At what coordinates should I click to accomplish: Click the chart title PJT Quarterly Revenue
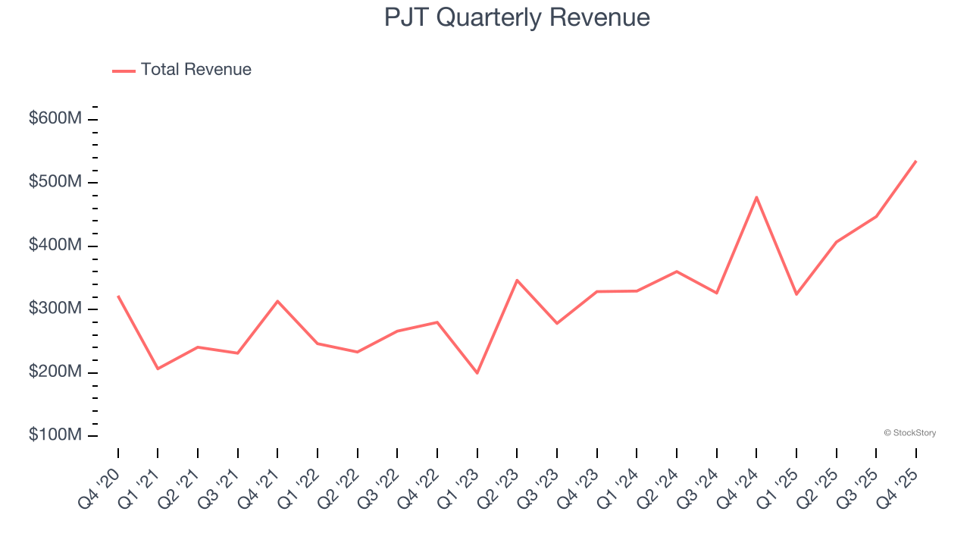point(517,17)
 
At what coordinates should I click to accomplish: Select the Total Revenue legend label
point(196,70)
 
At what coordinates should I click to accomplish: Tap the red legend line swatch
point(124,71)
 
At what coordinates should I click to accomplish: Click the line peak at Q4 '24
point(756,197)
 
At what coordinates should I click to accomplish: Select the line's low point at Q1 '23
point(477,373)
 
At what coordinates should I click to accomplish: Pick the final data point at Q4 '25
point(915,161)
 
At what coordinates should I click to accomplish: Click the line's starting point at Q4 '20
point(118,296)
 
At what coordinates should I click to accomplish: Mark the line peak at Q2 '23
point(517,281)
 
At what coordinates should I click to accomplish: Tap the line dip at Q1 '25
point(796,294)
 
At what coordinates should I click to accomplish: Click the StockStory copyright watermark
point(909,433)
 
